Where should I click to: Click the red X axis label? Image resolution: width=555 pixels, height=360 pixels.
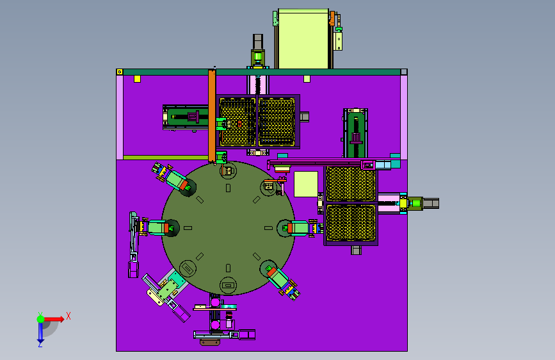(x=68, y=316)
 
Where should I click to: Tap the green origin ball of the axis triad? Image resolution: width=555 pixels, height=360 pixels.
(x=40, y=319)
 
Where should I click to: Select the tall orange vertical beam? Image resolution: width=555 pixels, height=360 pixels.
(x=212, y=116)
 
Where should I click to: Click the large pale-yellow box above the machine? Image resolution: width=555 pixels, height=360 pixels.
(x=303, y=39)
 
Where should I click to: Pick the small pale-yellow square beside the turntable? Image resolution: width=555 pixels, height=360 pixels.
(x=306, y=184)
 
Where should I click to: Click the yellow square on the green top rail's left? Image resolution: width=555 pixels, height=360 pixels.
(x=137, y=79)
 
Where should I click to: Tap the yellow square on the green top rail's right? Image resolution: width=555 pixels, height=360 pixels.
(x=307, y=79)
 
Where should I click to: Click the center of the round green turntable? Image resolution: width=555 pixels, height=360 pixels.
(x=228, y=228)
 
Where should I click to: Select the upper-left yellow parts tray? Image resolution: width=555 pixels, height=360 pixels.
(x=237, y=122)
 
